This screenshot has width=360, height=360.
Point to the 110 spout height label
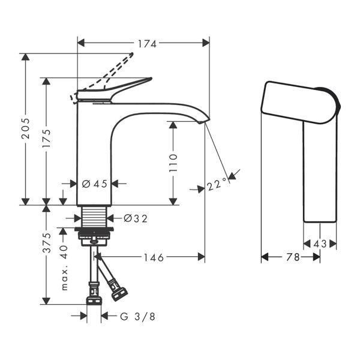pos(173,163)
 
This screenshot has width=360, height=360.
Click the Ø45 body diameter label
pos(95,184)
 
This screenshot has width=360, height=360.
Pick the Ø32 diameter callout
pos(135,218)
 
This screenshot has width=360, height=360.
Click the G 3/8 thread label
pos(137,316)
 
